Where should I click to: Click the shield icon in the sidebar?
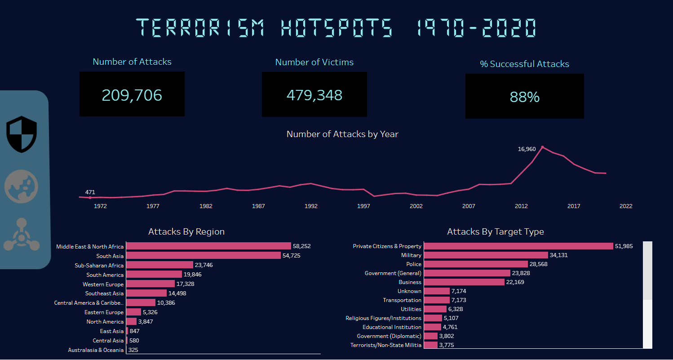pyautogui.click(x=22, y=134)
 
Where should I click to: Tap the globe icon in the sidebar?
pyautogui.click(x=21, y=186)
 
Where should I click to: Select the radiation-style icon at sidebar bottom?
pyautogui.click(x=21, y=235)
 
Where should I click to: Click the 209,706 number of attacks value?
pyautogui.click(x=132, y=95)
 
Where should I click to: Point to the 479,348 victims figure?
pyautogui.click(x=314, y=95)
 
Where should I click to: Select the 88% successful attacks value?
pyautogui.click(x=524, y=97)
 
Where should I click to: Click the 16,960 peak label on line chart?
pyautogui.click(x=527, y=149)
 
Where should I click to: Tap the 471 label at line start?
pyautogui.click(x=90, y=192)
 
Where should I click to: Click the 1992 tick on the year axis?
pyautogui.click(x=311, y=206)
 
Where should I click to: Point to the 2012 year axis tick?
pyautogui.click(x=521, y=206)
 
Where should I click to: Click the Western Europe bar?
pyautogui.click(x=151, y=284)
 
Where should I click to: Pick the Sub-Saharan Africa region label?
pyautogui.click(x=99, y=265)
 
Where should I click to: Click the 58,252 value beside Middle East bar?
pyautogui.click(x=301, y=246)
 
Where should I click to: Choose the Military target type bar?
pyautogui.click(x=486, y=255)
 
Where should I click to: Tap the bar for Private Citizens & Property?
pyautogui.click(x=518, y=246)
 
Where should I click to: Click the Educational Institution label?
pyautogui.click(x=392, y=327)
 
